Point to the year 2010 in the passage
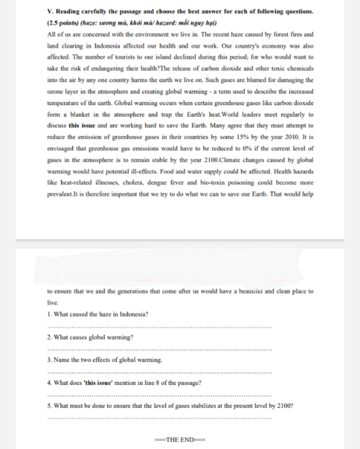292,137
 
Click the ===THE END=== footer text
180,439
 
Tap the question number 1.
48,314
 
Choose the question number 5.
48,406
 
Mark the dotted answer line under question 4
159,395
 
